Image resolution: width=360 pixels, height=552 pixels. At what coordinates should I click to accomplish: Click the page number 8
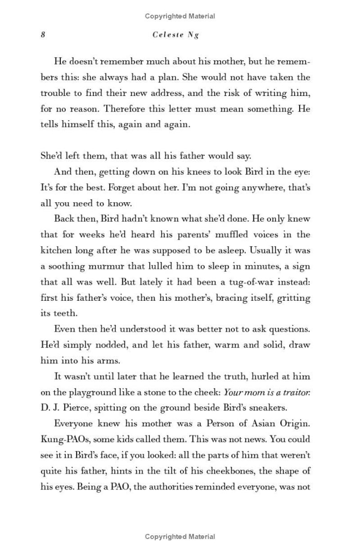tap(43, 35)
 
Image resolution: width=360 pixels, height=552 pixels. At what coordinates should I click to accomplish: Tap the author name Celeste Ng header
tap(176, 35)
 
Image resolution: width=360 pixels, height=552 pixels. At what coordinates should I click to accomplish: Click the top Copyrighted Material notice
tap(180, 16)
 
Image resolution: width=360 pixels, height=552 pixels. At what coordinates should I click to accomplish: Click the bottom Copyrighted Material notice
tap(180, 537)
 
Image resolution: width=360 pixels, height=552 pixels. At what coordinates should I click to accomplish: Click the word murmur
tap(123, 266)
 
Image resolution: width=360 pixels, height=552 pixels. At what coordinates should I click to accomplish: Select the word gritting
tap(293, 298)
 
